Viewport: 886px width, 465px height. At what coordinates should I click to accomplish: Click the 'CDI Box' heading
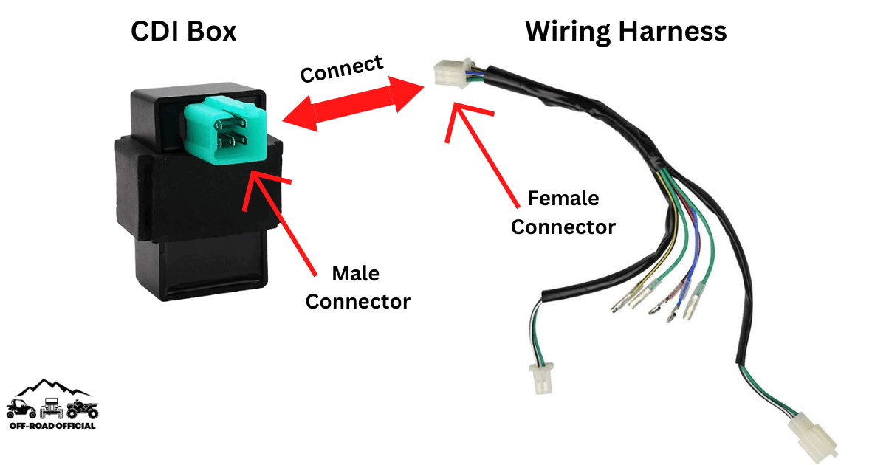(x=183, y=31)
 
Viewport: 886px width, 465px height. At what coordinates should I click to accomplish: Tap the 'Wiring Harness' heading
(x=625, y=31)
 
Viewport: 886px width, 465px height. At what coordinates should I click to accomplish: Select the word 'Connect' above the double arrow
(x=342, y=69)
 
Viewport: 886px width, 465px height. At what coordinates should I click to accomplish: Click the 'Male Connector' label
(x=357, y=287)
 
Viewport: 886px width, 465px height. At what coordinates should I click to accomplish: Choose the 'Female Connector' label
(x=563, y=213)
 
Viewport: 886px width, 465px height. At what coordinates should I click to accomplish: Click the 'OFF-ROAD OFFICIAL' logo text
(x=52, y=426)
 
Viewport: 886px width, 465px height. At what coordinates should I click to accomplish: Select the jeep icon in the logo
(x=51, y=408)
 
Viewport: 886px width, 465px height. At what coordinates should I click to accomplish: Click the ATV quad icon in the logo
(x=82, y=409)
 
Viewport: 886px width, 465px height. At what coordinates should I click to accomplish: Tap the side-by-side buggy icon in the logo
(x=21, y=409)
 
